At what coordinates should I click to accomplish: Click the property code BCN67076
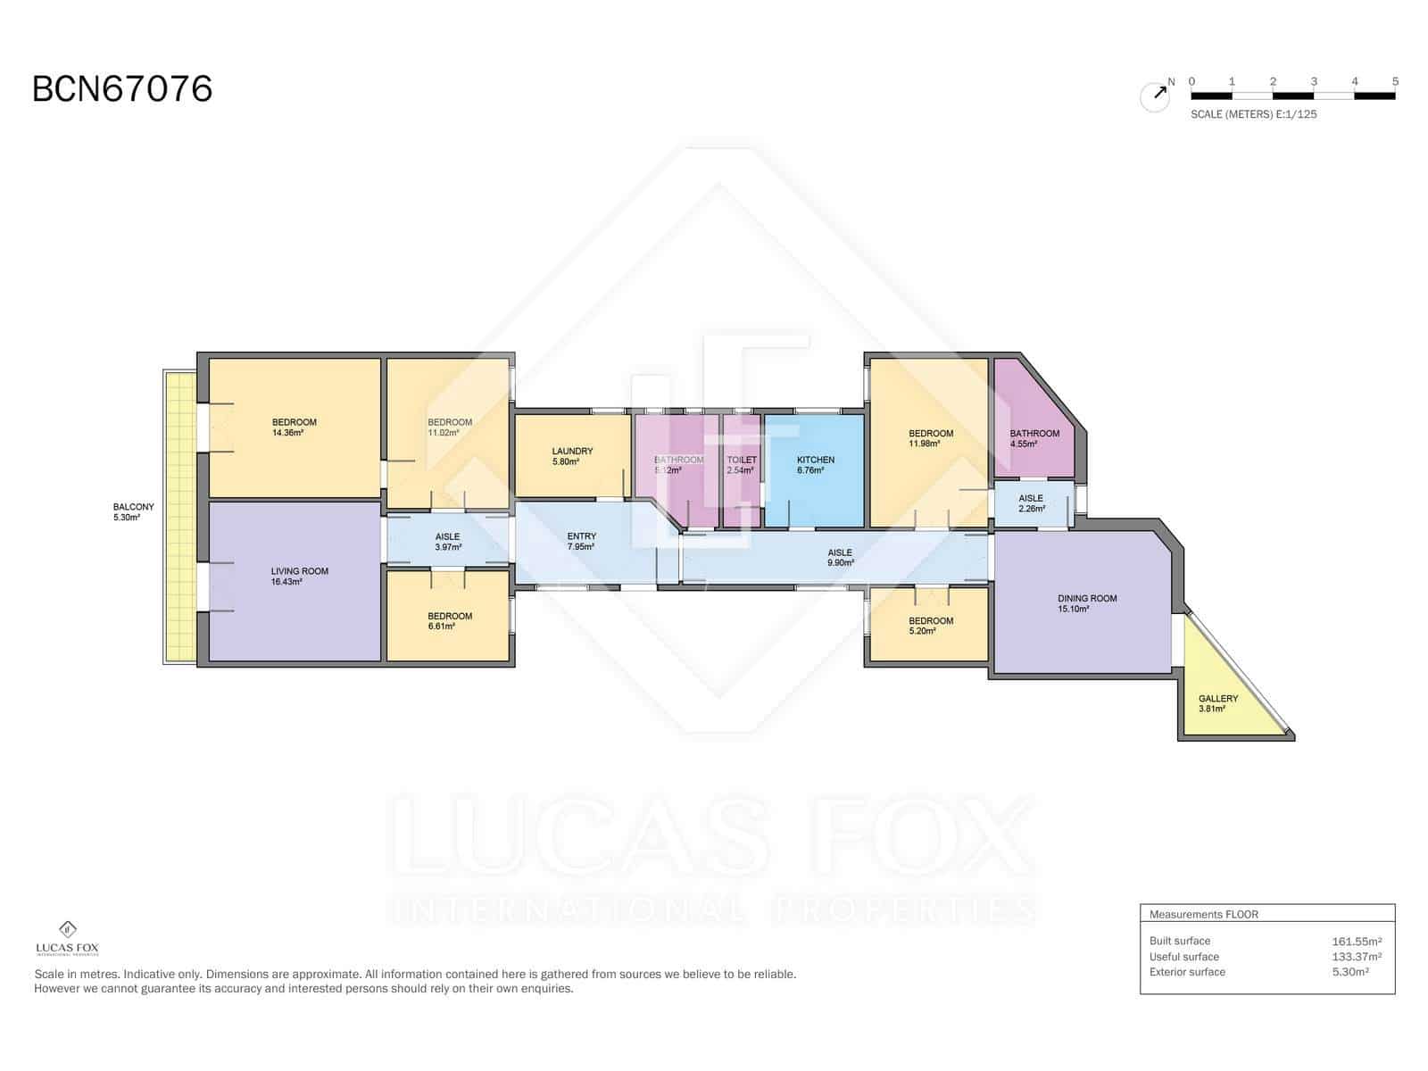[x=122, y=89]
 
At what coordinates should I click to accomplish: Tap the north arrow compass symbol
[x=1156, y=95]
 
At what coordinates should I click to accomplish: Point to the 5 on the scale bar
[x=1395, y=81]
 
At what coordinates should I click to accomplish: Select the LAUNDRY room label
[x=572, y=452]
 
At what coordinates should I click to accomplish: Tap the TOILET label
[x=742, y=460]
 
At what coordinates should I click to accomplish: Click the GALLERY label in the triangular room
[x=1218, y=699]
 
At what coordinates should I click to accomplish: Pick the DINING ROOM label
[x=1087, y=599]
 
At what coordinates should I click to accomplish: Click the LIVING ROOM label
[x=300, y=571]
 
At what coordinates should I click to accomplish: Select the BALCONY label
[x=134, y=507]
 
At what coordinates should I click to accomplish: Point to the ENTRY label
[x=581, y=536]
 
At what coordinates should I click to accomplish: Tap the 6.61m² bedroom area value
[x=441, y=627]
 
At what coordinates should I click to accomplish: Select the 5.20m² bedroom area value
[x=922, y=631]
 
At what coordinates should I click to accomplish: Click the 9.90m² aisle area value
[x=840, y=563]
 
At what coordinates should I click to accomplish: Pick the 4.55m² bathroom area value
[x=1023, y=444]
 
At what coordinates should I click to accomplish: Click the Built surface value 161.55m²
[x=1357, y=941]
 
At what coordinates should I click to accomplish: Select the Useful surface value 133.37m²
[x=1357, y=957]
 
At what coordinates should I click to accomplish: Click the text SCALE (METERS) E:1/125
[x=1253, y=114]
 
